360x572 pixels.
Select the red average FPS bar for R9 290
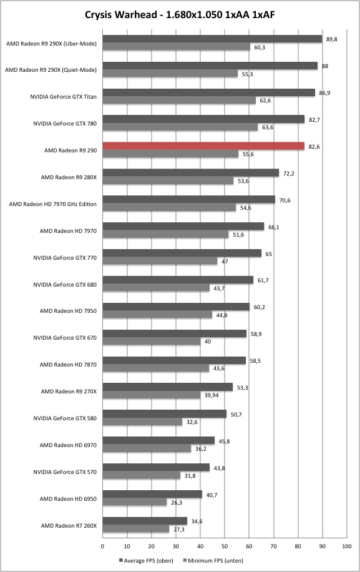(x=203, y=146)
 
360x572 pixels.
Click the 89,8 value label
(x=331, y=39)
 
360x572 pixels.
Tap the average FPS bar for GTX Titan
(x=209, y=92)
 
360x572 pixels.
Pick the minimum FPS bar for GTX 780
(x=180, y=127)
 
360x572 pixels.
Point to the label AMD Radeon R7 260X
(x=69, y=526)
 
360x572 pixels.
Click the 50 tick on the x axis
(x=225, y=546)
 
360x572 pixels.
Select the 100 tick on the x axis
(x=347, y=546)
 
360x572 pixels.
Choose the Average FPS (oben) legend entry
(x=146, y=560)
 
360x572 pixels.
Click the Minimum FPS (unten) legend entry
(x=213, y=560)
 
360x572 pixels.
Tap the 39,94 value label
(x=212, y=395)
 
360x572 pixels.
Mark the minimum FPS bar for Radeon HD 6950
(x=134, y=502)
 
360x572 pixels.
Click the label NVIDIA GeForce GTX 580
(x=65, y=418)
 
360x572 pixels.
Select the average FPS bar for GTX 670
(x=175, y=333)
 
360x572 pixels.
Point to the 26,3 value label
(x=177, y=502)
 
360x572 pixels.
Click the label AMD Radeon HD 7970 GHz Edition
(x=53, y=204)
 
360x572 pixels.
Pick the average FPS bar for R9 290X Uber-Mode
(x=212, y=39)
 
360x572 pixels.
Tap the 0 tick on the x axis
(x=102, y=546)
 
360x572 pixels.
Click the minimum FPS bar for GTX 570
(x=142, y=475)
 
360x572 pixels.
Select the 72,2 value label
(x=289, y=173)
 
